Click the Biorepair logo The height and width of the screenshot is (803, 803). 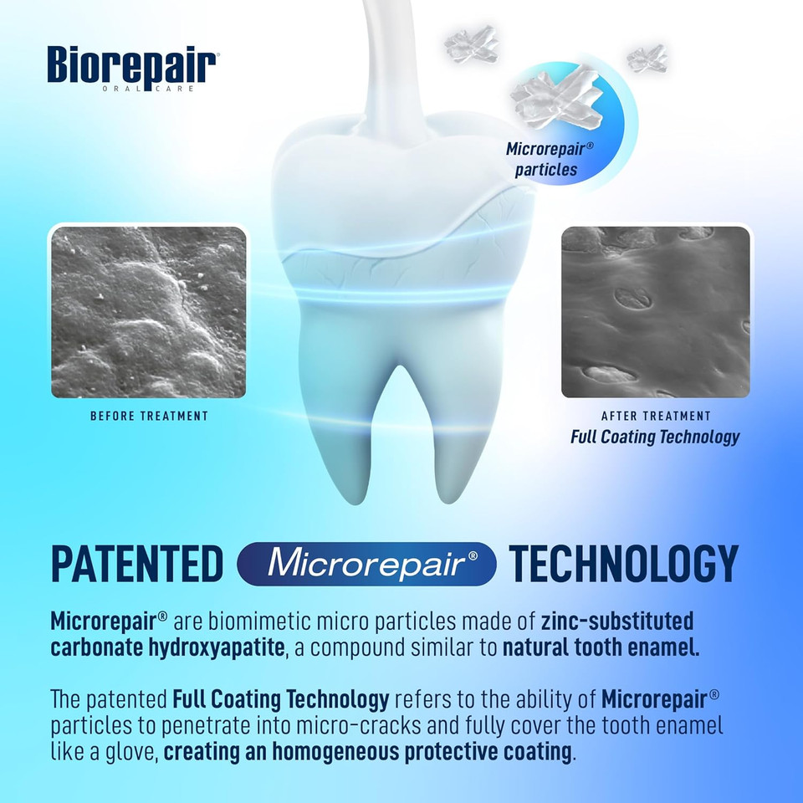point(133,64)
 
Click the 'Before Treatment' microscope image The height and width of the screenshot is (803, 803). point(149,312)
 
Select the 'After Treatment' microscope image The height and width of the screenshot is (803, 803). point(656,312)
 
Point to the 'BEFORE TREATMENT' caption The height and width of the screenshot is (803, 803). point(149,416)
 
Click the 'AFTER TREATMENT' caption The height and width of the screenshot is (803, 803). point(656,416)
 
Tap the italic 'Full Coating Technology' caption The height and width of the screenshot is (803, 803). point(656,437)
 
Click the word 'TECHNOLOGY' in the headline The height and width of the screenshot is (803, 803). point(624,563)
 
